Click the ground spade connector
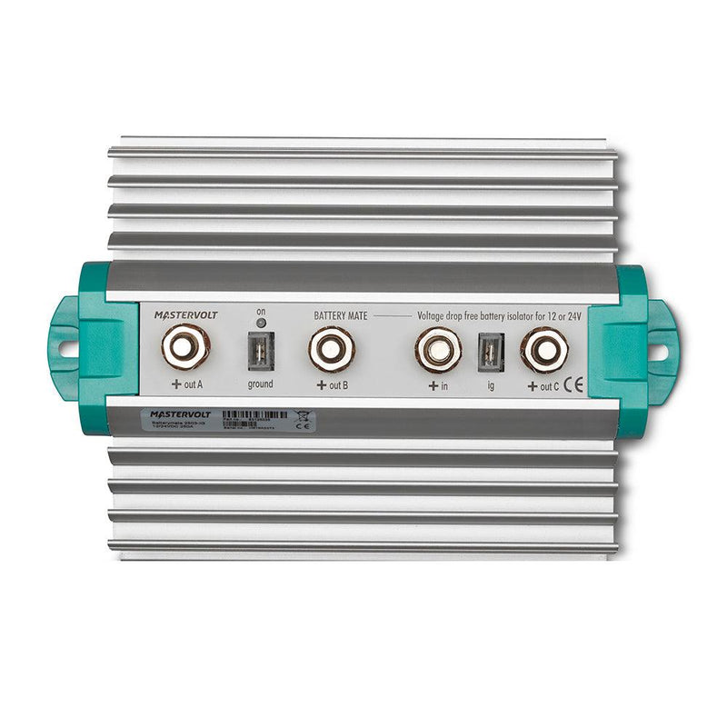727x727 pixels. pyautogui.click(x=260, y=351)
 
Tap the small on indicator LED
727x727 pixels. pyautogui.click(x=260, y=323)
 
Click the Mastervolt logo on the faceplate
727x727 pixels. pyautogui.click(x=180, y=314)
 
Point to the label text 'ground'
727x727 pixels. pyautogui.click(x=260, y=384)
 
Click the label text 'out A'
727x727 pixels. pyautogui.click(x=193, y=384)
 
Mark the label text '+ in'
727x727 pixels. pyautogui.click(x=438, y=384)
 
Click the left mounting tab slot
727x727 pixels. pyautogui.click(x=66, y=346)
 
